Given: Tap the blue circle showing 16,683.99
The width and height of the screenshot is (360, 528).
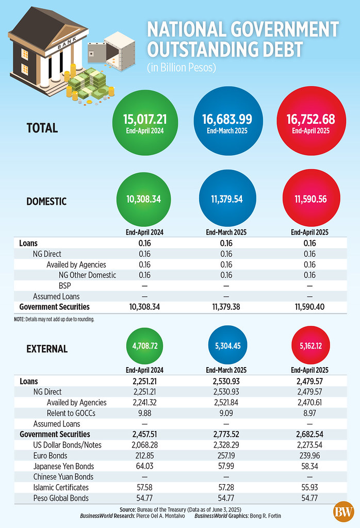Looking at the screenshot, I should pyautogui.click(x=223, y=123).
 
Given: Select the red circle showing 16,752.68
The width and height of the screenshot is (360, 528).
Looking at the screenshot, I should pyautogui.click(x=310, y=123).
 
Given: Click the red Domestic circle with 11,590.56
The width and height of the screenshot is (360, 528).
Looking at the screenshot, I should pyautogui.click(x=310, y=199).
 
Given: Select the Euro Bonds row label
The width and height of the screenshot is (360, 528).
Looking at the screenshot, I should pyautogui.click(x=50, y=456).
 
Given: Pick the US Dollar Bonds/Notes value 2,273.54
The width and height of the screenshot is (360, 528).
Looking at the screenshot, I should pyautogui.click(x=310, y=445).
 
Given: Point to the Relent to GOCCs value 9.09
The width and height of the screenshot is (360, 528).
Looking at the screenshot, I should pyautogui.click(x=223, y=413).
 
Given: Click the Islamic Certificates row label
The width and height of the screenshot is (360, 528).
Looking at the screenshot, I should pyautogui.click(x=61, y=487).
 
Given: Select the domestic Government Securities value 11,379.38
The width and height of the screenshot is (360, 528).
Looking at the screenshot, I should pyautogui.click(x=223, y=307).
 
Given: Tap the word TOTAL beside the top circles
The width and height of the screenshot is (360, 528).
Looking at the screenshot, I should pyautogui.click(x=42, y=127).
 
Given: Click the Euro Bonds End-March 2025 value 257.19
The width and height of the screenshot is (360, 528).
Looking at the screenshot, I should pyautogui.click(x=223, y=456).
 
